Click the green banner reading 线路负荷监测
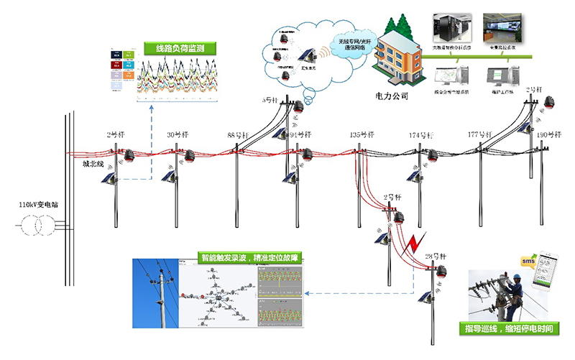[175, 50]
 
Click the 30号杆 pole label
[177, 135]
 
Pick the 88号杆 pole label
[238, 135]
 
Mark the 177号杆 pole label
[479, 135]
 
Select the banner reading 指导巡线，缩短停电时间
[510, 330]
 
